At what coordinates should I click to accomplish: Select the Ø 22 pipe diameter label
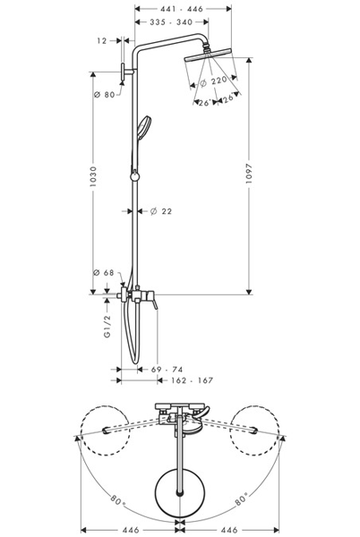click(x=159, y=211)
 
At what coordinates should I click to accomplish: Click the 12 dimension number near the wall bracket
click(x=102, y=40)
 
